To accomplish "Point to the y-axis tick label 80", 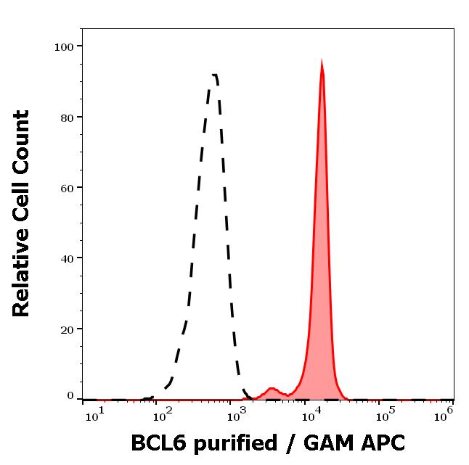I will [x=67, y=118].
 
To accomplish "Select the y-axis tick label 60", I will [x=67, y=188].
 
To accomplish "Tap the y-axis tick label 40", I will [x=67, y=258].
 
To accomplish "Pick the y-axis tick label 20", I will [x=67, y=329].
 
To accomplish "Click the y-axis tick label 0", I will [x=70, y=396].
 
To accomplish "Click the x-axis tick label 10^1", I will [x=94, y=414].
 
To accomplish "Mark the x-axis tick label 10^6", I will [x=443, y=414].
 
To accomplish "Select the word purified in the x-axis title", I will [x=234, y=444].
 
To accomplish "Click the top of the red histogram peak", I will [x=322, y=62].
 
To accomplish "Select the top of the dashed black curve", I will [x=214, y=75].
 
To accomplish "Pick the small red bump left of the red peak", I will [x=272, y=389].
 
